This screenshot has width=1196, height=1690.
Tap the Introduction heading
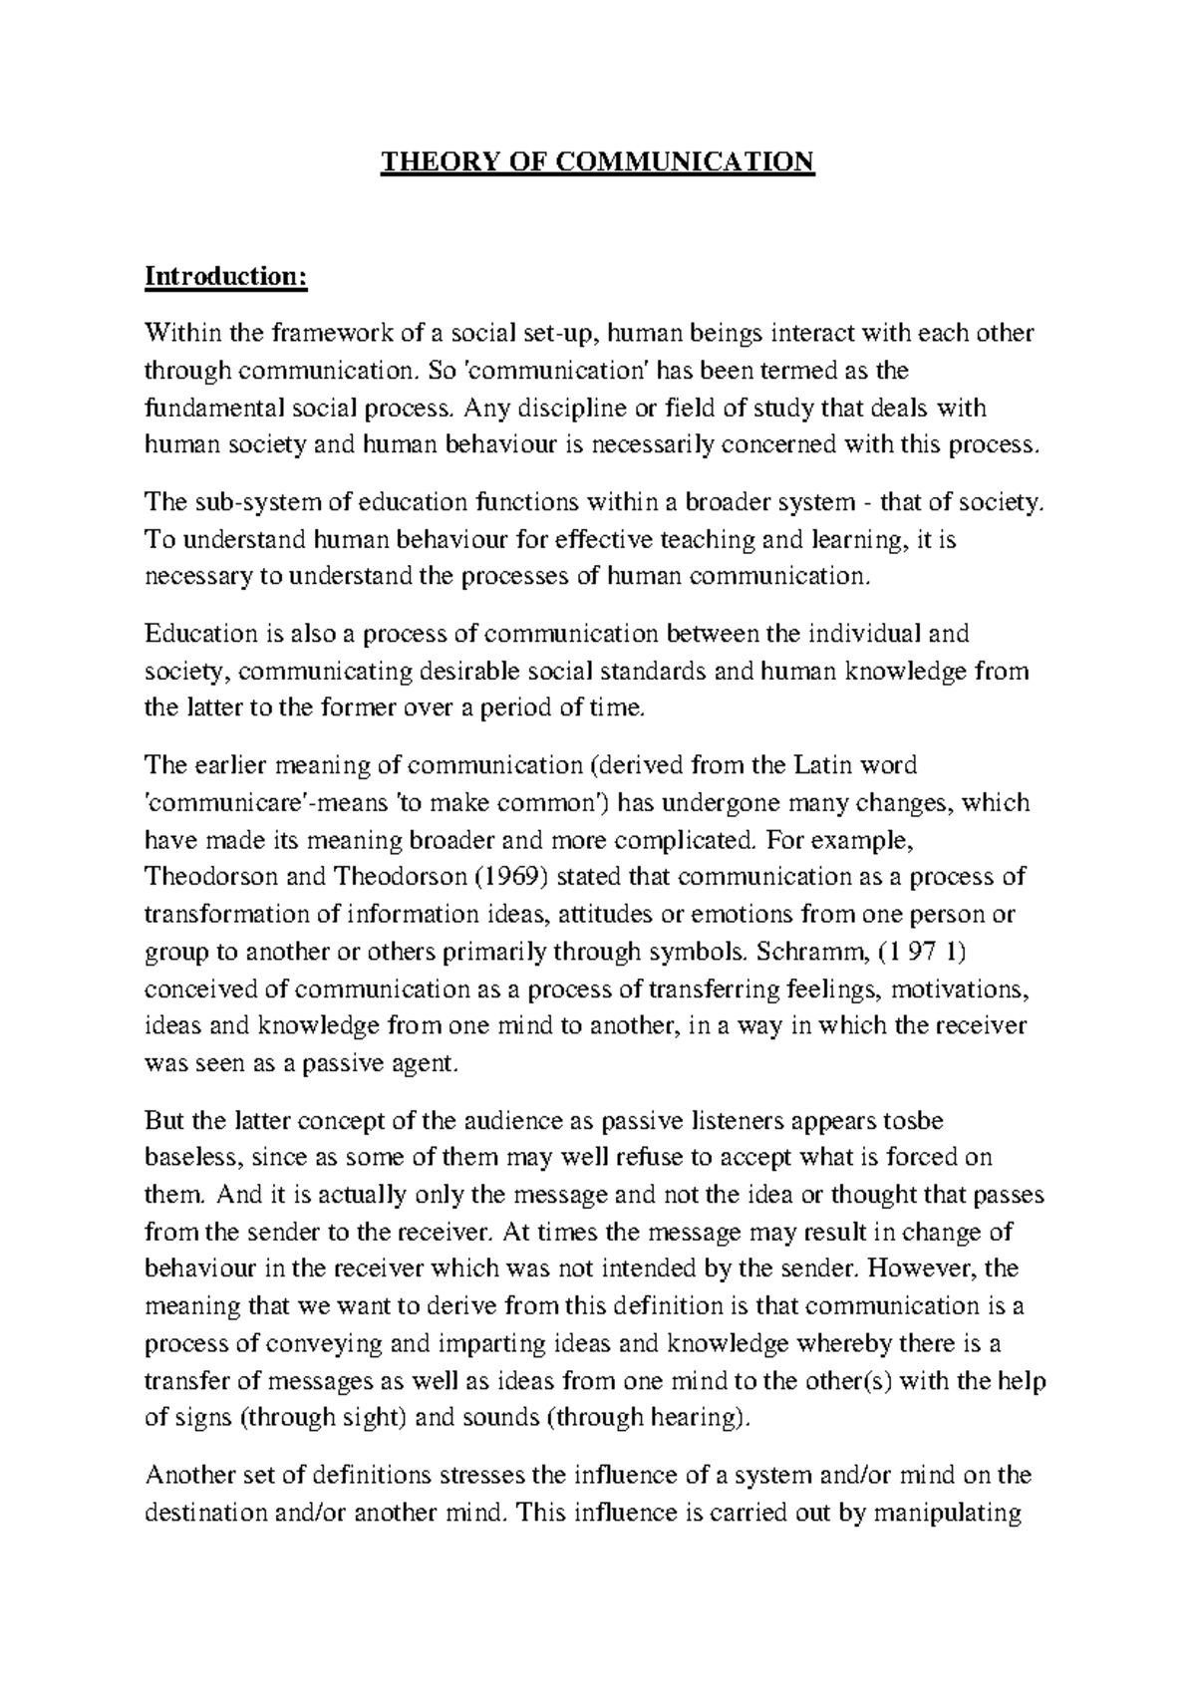[x=226, y=276]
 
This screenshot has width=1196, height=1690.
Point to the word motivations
[x=955, y=990]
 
